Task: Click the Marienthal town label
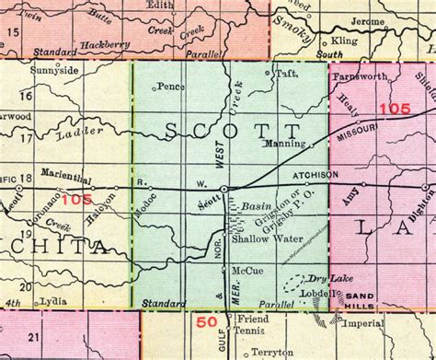(x=65, y=180)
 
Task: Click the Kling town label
(x=346, y=42)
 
